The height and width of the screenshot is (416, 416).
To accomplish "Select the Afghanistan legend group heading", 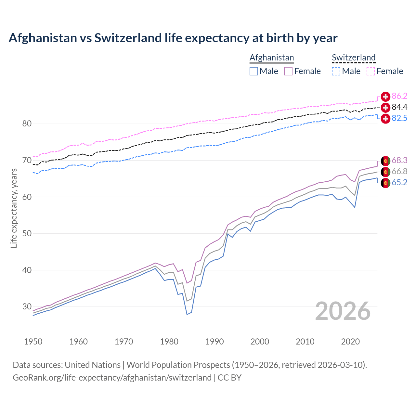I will (x=272, y=58).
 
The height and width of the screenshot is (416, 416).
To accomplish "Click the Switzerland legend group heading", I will (x=354, y=58).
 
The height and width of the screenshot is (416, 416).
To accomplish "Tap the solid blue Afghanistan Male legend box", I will (x=254, y=71).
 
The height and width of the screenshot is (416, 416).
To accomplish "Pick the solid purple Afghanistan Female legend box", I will (x=288, y=71).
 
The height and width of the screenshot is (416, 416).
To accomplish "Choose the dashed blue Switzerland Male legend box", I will (x=336, y=71).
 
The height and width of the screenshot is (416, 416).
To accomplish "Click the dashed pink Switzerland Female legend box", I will (x=371, y=71).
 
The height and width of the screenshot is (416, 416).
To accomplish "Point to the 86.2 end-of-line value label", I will (x=399, y=96).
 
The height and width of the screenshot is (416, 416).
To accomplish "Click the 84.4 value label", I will (x=399, y=107).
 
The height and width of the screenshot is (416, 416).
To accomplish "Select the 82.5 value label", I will (x=399, y=118).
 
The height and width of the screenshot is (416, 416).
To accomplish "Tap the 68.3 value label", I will (x=399, y=160).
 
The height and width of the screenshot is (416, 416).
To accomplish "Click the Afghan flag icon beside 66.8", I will (x=385, y=172).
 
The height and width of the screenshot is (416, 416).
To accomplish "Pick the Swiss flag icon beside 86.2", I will (x=385, y=96).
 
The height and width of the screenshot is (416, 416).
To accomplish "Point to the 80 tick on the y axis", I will (x=27, y=124).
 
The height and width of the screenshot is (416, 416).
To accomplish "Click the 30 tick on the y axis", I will (x=27, y=307).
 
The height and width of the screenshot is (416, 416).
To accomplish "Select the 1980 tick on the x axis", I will (x=169, y=342).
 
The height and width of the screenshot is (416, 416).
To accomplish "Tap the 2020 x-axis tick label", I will (x=350, y=342).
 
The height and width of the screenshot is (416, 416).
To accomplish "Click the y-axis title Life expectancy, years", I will (x=14, y=208).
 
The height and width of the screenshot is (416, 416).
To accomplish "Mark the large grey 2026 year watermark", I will (x=343, y=311).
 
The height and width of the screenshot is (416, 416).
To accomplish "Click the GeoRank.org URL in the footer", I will (x=112, y=377).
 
